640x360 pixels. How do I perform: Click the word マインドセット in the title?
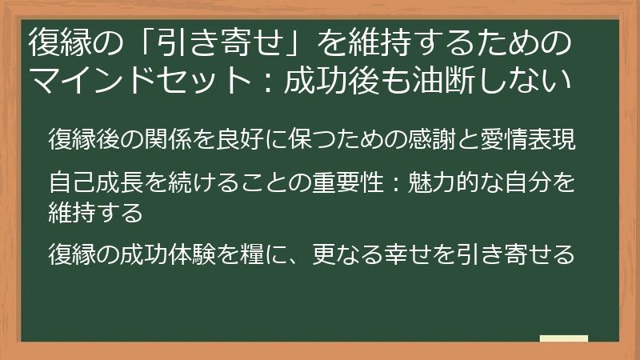(x=140, y=81)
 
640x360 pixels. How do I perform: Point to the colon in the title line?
(x=267, y=82)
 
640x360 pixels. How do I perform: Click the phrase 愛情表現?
(x=528, y=138)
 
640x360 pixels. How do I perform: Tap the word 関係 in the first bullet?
(x=168, y=138)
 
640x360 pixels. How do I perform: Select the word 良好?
(x=240, y=138)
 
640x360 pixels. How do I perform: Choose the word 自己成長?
(x=96, y=182)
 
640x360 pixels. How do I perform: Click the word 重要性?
(x=348, y=182)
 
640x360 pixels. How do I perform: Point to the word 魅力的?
(x=444, y=182)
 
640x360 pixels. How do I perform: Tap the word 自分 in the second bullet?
(x=528, y=182)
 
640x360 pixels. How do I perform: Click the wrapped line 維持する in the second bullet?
(x=96, y=212)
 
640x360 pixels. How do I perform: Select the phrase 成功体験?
(x=168, y=254)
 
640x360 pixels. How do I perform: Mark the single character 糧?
(x=252, y=254)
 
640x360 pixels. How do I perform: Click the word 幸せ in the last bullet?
(x=408, y=254)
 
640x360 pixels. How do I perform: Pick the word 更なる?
(x=348, y=254)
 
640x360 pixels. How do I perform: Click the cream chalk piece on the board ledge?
(x=564, y=338)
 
